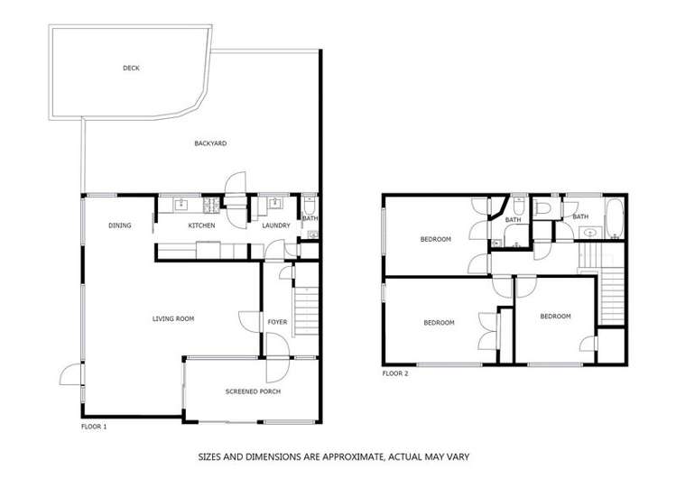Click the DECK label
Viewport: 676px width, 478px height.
click(x=132, y=68)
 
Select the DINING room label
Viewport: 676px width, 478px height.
click(x=120, y=225)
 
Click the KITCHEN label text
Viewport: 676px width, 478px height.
click(x=200, y=225)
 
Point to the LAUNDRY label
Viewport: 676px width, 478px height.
click(x=275, y=225)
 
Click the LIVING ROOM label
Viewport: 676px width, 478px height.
click(x=173, y=318)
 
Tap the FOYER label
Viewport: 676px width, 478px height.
click(x=276, y=322)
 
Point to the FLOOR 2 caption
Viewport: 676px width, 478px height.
click(x=395, y=372)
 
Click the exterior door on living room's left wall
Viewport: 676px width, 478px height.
click(x=69, y=374)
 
